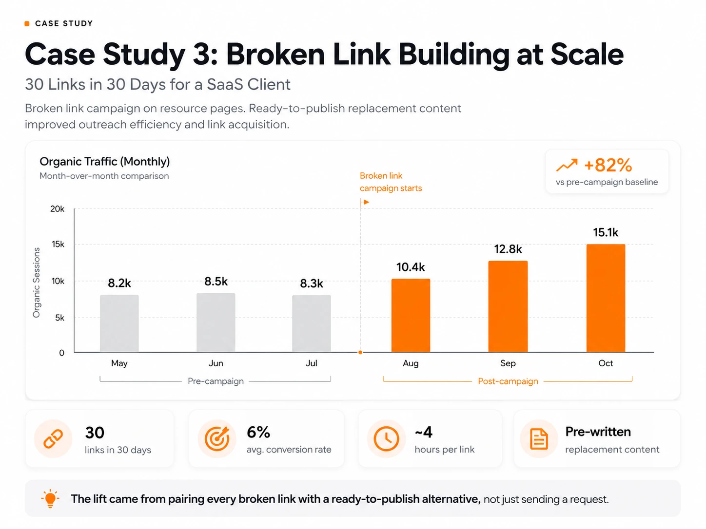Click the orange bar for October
coord(606,298)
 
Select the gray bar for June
coord(216,322)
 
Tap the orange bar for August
coord(411,316)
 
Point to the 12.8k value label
coord(508,249)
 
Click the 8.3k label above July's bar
coord(312,283)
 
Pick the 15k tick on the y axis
coord(58,245)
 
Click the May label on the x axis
coord(119,363)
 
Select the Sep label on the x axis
coord(508,363)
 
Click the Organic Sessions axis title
coord(37,283)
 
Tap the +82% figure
coord(608,165)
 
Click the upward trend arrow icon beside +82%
coord(567,165)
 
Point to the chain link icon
coord(54,439)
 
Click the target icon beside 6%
coord(217,439)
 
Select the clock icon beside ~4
coord(386,439)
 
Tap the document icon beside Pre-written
coord(539,439)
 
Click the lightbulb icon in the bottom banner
coord(50,499)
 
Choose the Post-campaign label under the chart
coord(508,381)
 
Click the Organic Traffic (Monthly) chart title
coord(104,162)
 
